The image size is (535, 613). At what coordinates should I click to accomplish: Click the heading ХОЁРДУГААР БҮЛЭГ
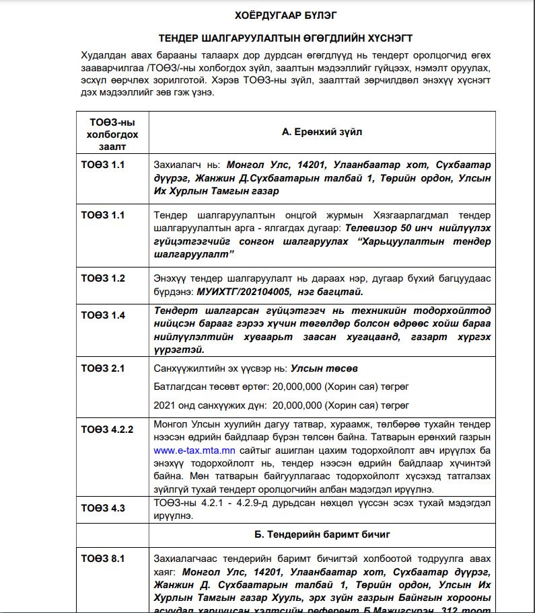[x=286, y=14]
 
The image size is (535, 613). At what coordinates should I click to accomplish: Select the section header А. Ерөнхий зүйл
[x=322, y=132]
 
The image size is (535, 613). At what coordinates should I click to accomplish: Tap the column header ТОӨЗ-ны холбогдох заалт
[x=112, y=133]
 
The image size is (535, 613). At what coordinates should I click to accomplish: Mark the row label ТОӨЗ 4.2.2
[x=108, y=429]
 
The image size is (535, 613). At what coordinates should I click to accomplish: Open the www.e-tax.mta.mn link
[x=194, y=450]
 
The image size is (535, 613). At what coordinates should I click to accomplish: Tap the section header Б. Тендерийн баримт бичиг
[x=322, y=534]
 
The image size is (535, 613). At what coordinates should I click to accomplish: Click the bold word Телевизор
[x=371, y=228]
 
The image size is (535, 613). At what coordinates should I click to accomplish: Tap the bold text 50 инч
[x=411, y=228]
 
